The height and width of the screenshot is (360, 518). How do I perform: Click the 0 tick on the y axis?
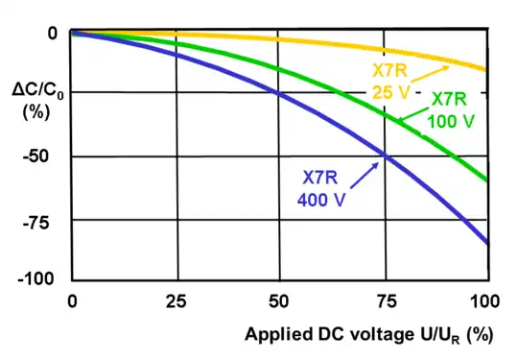(x=50, y=32)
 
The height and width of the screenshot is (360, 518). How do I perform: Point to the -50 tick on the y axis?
(x=43, y=156)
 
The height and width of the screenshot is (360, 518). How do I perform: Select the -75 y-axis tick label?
(x=43, y=218)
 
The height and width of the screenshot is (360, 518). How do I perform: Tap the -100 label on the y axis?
(x=39, y=278)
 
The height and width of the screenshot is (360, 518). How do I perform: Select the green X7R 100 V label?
(x=450, y=109)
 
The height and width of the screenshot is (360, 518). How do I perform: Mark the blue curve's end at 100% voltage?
(x=485, y=244)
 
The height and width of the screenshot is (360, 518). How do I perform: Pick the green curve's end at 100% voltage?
(x=485, y=180)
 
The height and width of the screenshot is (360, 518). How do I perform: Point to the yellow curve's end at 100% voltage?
(x=485, y=69)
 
